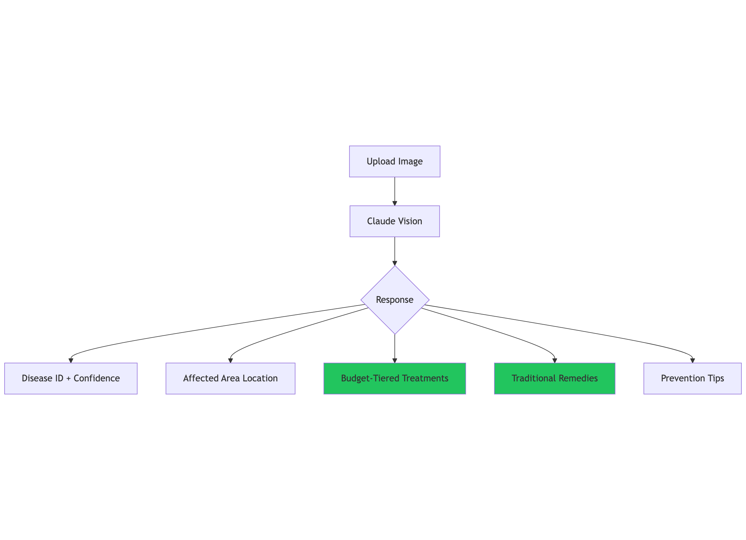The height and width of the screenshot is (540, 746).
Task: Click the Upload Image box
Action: [x=394, y=161]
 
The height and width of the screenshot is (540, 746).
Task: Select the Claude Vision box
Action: [x=394, y=221]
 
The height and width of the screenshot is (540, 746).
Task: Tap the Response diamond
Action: [x=395, y=300]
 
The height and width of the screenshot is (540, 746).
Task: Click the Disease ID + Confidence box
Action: [x=71, y=379]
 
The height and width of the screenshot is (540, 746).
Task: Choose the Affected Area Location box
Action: [x=230, y=379]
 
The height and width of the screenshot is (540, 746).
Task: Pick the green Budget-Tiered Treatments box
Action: [x=395, y=379]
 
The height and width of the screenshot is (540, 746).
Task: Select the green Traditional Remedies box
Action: [x=554, y=379]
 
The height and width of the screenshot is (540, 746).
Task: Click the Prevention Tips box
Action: [x=692, y=379]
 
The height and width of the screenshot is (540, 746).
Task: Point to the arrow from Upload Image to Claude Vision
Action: [x=395, y=191]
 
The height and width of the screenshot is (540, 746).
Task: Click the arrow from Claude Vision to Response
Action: [x=395, y=251]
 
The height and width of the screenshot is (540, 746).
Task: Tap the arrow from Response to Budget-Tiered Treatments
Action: [x=395, y=349]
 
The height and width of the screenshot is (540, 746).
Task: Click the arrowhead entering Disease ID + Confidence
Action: [x=71, y=361]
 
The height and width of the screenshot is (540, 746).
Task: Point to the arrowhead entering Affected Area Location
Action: [x=230, y=361]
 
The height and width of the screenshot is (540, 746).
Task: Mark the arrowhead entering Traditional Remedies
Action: [x=554, y=361]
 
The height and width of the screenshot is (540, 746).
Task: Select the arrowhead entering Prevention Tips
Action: [x=692, y=361]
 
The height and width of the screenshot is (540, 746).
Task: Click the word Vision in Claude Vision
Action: [x=409, y=221]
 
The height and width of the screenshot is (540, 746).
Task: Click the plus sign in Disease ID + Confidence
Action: [x=68, y=379]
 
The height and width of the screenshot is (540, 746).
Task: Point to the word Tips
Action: [x=716, y=379]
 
